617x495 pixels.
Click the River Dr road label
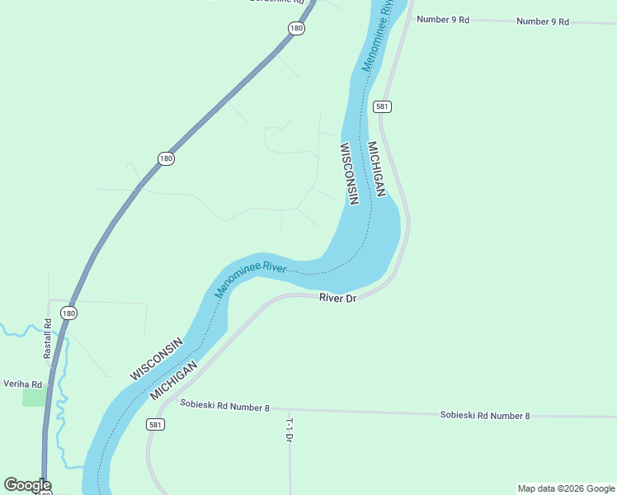coord(337,298)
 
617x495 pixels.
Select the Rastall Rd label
coord(48,338)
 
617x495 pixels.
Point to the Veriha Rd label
coord(22,384)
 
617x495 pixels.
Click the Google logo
coord(27,485)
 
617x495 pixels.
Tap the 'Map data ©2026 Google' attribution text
coord(566,488)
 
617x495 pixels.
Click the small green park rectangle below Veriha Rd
coord(34,397)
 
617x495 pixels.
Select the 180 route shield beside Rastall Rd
coord(69,313)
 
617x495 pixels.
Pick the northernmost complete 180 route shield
coord(297,29)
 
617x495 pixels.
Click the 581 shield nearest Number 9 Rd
coord(381,106)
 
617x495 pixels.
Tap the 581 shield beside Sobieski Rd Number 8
coord(155,424)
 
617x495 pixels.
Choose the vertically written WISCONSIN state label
coord(349,173)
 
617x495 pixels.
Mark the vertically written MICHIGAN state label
coord(376,169)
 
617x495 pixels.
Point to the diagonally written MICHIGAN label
coord(174,380)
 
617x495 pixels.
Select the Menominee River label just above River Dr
coord(250,280)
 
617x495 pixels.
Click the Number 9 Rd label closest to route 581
coord(443,19)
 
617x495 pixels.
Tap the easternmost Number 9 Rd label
coord(543,21)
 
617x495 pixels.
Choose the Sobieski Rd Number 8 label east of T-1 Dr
coord(485,416)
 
